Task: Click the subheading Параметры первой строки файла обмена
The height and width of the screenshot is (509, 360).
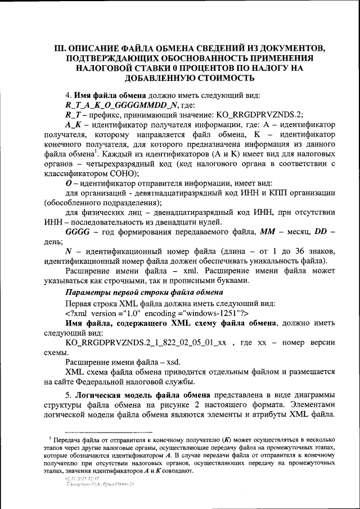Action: [x=145, y=293]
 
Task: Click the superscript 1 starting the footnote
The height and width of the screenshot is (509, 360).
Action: [x=50, y=437]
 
